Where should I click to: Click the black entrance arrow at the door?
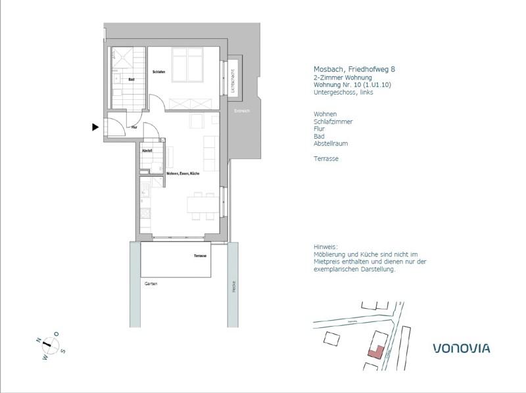pos(96,127)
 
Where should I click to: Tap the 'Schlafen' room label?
pos(158,72)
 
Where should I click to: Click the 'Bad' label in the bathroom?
pos(131,80)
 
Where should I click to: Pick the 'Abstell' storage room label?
pos(147,151)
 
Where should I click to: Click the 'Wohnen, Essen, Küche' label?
pos(183,173)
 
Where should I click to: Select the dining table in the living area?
pos(203,205)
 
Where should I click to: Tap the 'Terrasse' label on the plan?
pos(201,256)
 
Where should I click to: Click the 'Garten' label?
pos(151,283)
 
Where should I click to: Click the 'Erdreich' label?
pos(242,111)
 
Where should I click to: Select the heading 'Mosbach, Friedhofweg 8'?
pos(354,69)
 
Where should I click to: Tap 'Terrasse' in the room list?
pos(327,158)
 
